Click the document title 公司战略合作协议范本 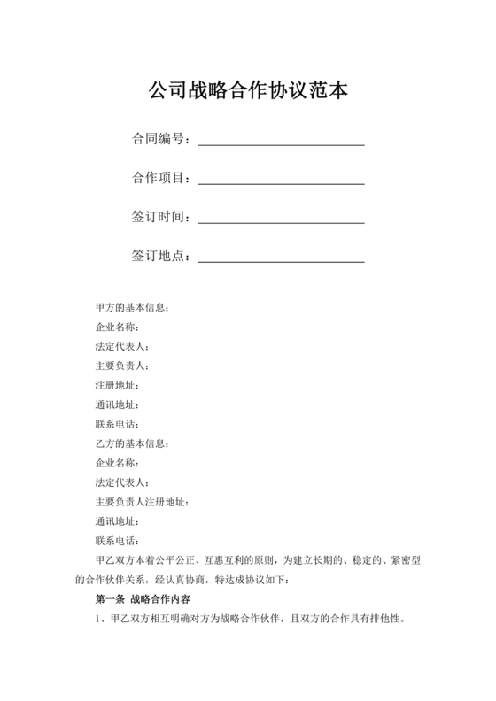point(248,89)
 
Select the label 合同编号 point(158,139)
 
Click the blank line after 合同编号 point(281,142)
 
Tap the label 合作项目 point(158,178)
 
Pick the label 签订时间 point(158,217)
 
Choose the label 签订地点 point(158,256)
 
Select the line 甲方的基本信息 point(132,307)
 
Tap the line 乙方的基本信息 point(132,443)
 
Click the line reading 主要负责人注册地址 point(141,502)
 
